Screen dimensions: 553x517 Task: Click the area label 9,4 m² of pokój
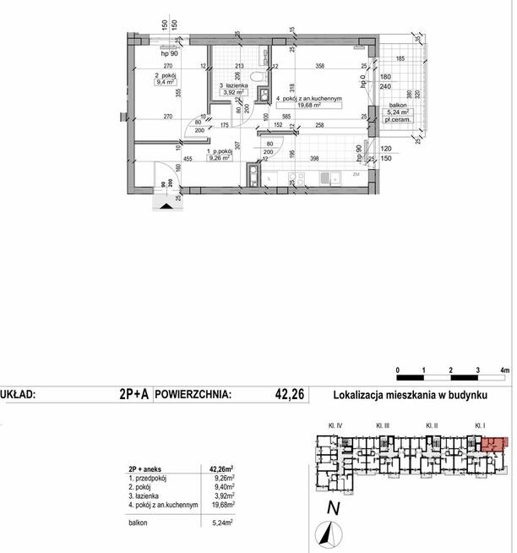[x=164, y=83]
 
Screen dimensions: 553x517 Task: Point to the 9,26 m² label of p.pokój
[x=195, y=156]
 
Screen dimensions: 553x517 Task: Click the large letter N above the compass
[x=334, y=508]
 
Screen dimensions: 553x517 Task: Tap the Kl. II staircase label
[x=431, y=425]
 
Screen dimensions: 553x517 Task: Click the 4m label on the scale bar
[x=505, y=370]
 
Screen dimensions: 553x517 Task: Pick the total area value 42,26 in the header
[x=289, y=393]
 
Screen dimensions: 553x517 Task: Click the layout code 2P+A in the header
[x=135, y=393]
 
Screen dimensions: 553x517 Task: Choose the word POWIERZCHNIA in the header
[x=194, y=393]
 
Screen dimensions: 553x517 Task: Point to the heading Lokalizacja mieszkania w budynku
[x=412, y=393]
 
